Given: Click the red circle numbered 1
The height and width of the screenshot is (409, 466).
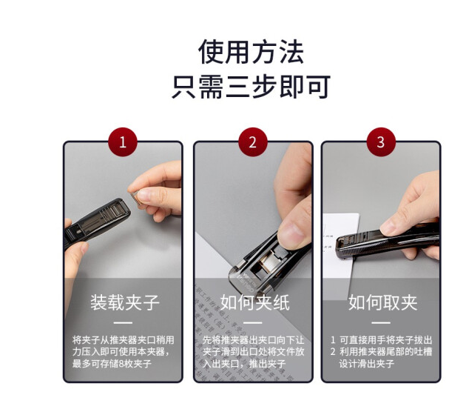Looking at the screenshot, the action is (123, 142).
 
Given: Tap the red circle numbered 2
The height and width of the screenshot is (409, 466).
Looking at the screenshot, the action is (253, 142).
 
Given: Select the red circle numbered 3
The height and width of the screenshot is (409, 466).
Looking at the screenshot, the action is (381, 142).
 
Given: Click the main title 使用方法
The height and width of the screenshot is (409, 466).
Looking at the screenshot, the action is (251, 52).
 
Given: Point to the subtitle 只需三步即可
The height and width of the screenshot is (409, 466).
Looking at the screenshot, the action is (251, 87).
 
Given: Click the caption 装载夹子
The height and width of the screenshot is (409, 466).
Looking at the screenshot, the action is (125, 302).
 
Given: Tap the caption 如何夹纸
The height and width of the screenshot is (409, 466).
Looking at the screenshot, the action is (254, 302).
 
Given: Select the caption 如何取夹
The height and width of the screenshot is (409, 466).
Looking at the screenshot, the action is (383, 302).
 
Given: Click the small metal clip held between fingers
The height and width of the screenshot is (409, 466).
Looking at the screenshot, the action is (135, 198).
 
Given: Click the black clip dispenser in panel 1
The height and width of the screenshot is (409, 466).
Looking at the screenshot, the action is (97, 222).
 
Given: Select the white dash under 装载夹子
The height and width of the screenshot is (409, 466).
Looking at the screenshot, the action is (123, 322).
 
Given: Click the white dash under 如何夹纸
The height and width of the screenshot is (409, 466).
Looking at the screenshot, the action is (253, 322).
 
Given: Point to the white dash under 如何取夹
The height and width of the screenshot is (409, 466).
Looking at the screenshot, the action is (381, 322).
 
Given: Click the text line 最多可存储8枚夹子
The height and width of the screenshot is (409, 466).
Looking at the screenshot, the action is (112, 364).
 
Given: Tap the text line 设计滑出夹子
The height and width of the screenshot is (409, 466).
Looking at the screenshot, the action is (367, 364).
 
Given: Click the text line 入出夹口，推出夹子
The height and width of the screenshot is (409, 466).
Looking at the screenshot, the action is (244, 364).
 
